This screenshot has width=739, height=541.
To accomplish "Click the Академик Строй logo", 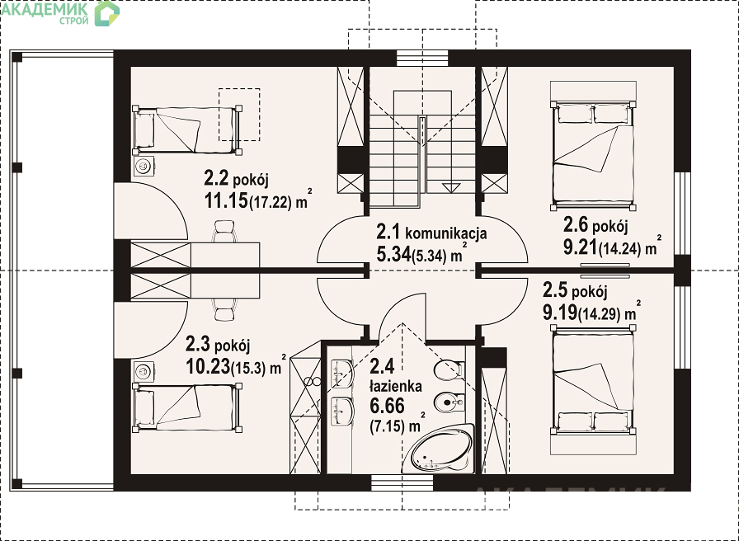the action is [60, 13].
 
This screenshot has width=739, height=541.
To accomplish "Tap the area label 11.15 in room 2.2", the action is [226, 200].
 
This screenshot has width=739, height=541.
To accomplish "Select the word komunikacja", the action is [446, 233].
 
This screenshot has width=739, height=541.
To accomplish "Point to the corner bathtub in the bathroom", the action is [442, 448].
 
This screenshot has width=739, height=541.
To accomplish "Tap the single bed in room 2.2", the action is [187, 130].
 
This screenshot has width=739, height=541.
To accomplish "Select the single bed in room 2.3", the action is [187, 407].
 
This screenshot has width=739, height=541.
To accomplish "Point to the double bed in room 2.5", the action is [593, 379].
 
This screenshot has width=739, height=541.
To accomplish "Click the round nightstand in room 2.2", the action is [144, 166].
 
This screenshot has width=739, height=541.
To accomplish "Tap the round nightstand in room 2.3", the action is [144, 371].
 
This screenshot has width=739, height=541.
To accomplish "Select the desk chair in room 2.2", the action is [224, 231].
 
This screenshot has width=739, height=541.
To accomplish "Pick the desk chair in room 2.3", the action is [224, 309].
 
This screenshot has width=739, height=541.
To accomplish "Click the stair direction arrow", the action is [450, 187].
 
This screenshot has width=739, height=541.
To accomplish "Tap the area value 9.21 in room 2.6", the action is [579, 247].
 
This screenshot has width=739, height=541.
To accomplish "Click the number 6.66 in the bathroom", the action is [387, 406].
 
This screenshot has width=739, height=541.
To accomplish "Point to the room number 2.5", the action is [555, 291].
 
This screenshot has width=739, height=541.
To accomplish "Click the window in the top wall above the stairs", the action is [421, 58].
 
